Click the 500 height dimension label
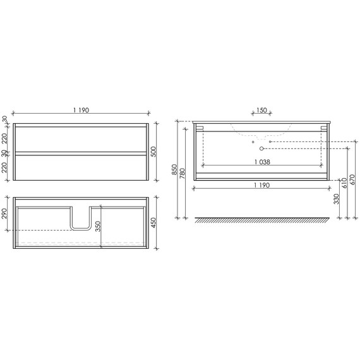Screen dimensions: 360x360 click(x=153, y=152)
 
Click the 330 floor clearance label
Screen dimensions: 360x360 click(x=336, y=200)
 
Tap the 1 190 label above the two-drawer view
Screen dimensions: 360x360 click(x=80, y=111)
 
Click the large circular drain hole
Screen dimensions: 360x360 click(x=258, y=150)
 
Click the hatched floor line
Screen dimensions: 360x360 click(x=262, y=220)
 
